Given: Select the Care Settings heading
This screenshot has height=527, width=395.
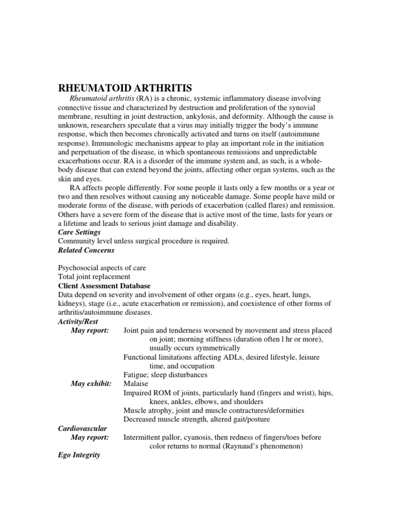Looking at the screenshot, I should (x=79, y=232).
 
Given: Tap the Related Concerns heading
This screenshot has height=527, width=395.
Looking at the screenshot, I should (x=86, y=250).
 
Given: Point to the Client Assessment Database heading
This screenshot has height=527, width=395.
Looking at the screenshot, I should (x=104, y=285).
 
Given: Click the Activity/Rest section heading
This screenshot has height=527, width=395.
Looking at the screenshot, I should (x=78, y=321).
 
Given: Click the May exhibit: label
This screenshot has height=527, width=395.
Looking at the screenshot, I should (x=91, y=383).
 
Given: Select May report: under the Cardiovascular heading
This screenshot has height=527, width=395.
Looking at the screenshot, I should (x=90, y=437).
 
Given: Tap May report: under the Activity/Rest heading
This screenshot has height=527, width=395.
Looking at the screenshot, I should (x=90, y=330).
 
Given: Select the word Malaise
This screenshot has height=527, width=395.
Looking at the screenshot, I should (x=136, y=383).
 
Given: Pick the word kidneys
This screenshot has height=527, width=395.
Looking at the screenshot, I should (x=71, y=304).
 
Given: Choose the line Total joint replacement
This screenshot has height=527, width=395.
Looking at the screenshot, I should (x=94, y=276).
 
